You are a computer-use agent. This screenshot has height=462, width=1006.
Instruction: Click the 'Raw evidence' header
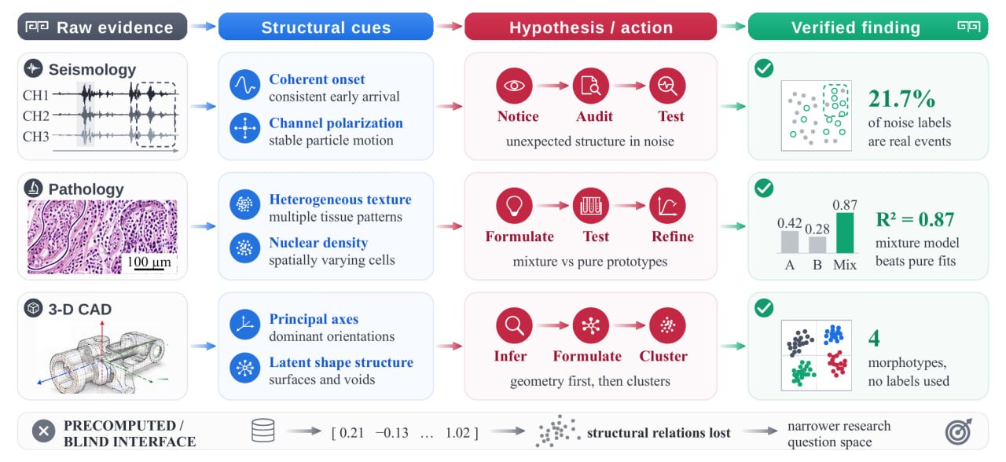click(102, 27)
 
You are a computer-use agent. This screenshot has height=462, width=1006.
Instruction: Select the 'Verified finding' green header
click(868, 27)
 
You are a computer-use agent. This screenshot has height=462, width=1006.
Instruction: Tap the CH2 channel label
click(35, 115)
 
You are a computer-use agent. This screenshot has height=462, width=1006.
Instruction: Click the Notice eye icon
click(514, 86)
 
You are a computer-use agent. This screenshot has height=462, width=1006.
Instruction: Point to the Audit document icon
click(590, 86)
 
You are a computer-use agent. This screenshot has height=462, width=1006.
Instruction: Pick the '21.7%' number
click(901, 99)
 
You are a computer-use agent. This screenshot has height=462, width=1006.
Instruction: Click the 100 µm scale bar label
click(149, 262)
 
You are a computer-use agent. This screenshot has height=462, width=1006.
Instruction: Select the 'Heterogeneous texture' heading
click(340, 199)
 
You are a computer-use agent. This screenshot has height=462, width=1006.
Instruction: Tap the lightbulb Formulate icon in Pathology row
click(514, 206)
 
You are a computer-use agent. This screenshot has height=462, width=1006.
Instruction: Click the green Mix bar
click(845, 233)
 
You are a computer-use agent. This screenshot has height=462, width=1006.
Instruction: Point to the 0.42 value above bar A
click(789, 222)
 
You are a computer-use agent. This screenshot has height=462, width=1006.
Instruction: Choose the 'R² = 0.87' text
click(915, 219)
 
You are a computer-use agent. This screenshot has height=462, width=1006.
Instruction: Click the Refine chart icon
click(667, 206)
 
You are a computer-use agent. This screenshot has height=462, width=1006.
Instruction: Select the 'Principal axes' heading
click(314, 319)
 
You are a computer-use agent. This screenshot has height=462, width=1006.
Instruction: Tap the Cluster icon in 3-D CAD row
click(667, 325)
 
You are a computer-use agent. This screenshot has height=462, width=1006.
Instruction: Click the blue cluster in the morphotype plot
click(834, 335)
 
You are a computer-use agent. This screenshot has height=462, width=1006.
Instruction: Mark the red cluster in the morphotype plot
click(837, 364)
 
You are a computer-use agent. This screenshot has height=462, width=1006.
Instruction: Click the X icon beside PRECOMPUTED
click(43, 431)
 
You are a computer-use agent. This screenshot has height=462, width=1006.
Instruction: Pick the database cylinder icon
click(263, 431)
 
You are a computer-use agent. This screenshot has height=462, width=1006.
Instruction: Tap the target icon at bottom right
click(958, 432)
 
